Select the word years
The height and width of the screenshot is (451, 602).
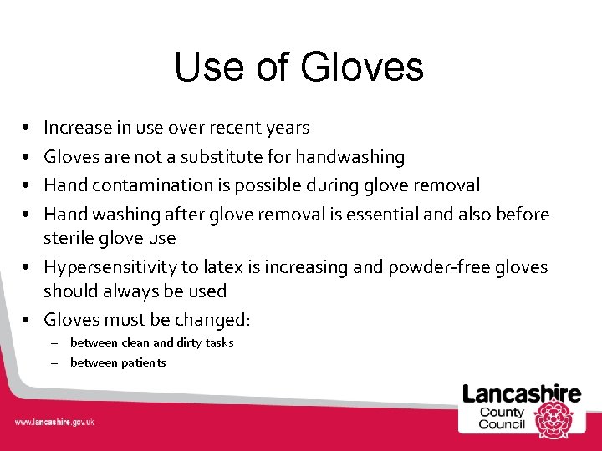(x=287, y=128)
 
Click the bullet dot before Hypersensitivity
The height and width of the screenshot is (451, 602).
(x=28, y=267)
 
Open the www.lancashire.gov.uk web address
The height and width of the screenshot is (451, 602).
(x=54, y=422)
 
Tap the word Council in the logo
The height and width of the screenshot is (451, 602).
(x=502, y=423)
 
